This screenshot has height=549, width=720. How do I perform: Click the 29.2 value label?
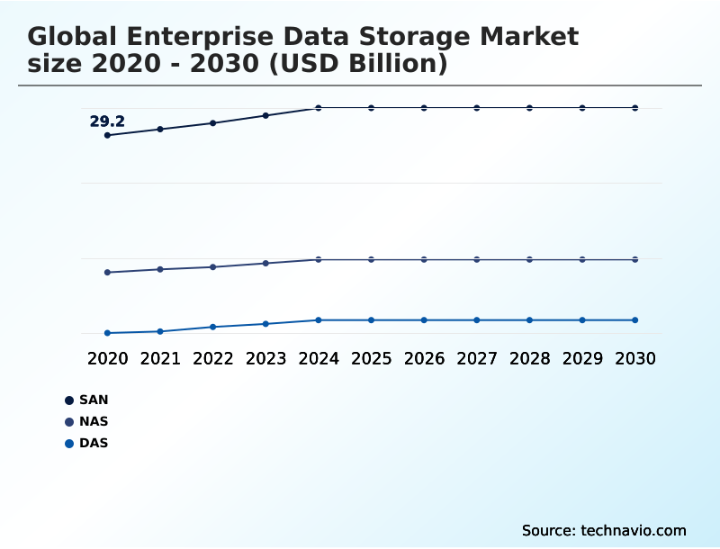107,121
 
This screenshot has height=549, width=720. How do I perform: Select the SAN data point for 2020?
107,135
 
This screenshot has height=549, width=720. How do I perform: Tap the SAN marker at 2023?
265,115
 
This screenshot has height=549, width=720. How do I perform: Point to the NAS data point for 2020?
107,272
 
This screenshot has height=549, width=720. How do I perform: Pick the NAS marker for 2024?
319,259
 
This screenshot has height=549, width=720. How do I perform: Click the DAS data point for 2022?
213,327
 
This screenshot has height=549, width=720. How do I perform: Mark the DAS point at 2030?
635,319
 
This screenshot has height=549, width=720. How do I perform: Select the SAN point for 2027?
477,108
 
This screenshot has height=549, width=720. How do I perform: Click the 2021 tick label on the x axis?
160,358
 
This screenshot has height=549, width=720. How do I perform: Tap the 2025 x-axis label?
371,358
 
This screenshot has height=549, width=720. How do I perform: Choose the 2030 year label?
635,358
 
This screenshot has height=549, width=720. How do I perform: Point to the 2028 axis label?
529,358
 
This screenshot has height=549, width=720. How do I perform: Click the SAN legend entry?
94,400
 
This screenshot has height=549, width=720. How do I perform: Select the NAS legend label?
94,421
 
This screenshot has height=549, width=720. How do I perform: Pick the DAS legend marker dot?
68,443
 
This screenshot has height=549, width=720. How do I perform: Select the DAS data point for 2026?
424,319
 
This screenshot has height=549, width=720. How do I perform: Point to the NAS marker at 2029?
582,259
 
